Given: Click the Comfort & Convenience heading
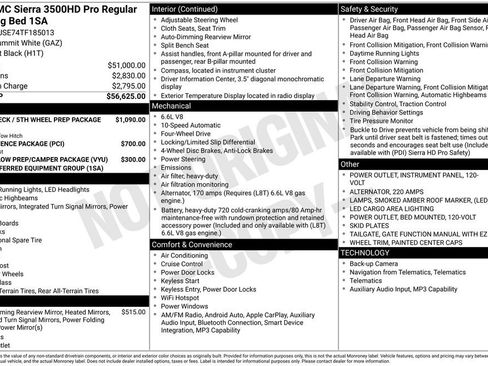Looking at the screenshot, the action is point(194,243).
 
